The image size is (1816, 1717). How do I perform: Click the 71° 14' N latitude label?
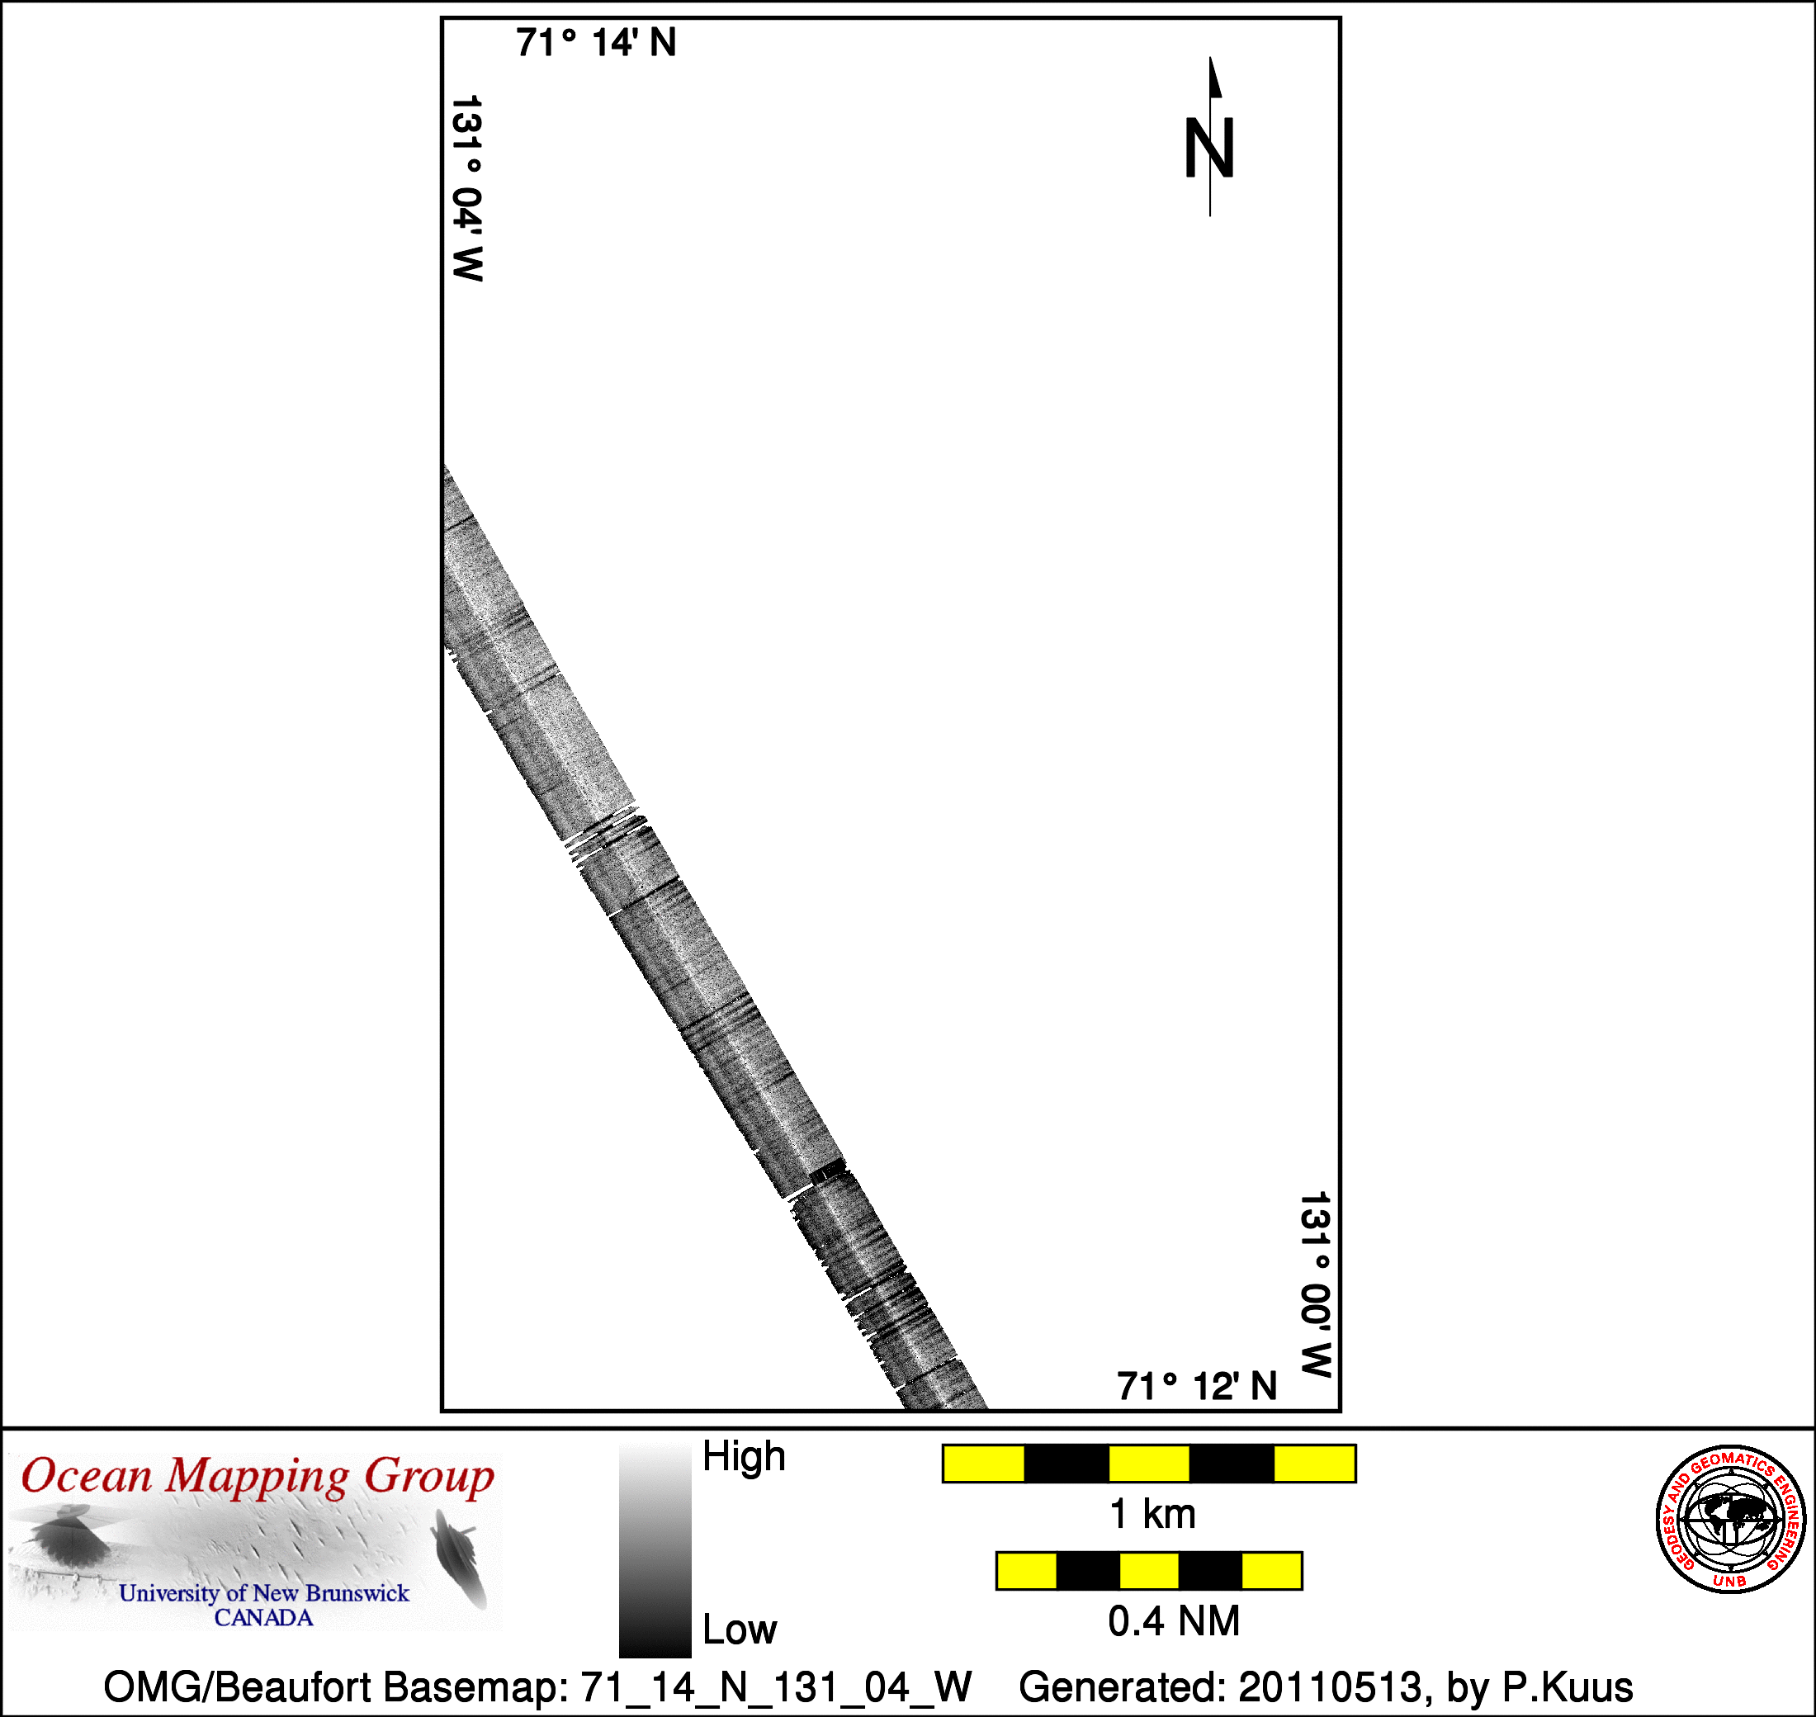click(596, 43)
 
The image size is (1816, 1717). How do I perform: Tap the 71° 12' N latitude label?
click(1197, 1387)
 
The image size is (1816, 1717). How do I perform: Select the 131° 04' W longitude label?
click(467, 187)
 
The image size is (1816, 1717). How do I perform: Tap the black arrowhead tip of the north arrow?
click(1210, 57)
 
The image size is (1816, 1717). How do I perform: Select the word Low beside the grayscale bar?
click(740, 1630)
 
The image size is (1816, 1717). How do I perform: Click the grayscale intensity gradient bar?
click(655, 1551)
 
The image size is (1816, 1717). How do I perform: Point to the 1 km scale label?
click(1152, 1515)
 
